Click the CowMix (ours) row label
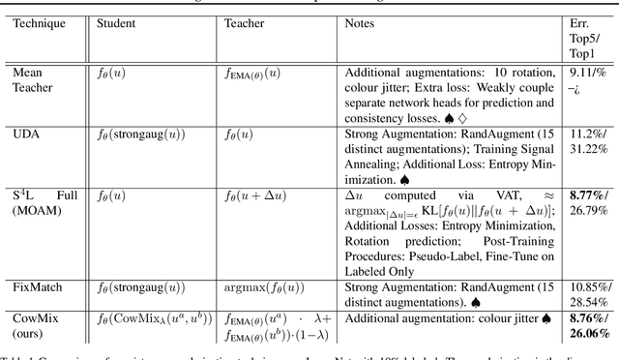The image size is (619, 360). pos(35,324)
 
